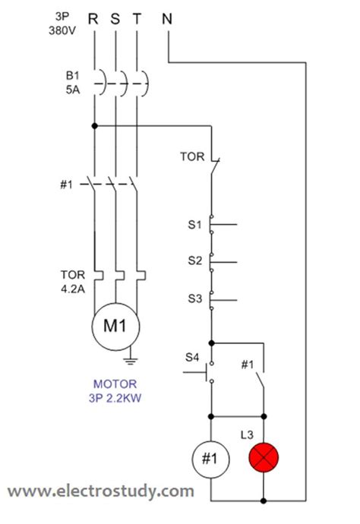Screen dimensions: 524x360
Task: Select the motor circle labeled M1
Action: point(114,327)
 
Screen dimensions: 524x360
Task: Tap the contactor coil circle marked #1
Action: point(210,459)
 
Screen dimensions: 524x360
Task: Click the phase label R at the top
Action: point(93,19)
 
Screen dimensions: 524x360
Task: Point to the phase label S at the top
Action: point(115,19)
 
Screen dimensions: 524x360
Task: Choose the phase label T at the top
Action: point(136,19)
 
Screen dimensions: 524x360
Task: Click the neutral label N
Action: point(166,19)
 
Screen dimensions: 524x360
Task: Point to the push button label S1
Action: point(194,225)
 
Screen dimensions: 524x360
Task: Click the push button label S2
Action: point(194,260)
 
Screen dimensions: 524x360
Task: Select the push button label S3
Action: point(194,298)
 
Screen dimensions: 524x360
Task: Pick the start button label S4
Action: point(192,357)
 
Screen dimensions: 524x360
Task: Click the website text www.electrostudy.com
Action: point(101,491)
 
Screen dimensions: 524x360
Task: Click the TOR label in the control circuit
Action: point(192,156)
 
